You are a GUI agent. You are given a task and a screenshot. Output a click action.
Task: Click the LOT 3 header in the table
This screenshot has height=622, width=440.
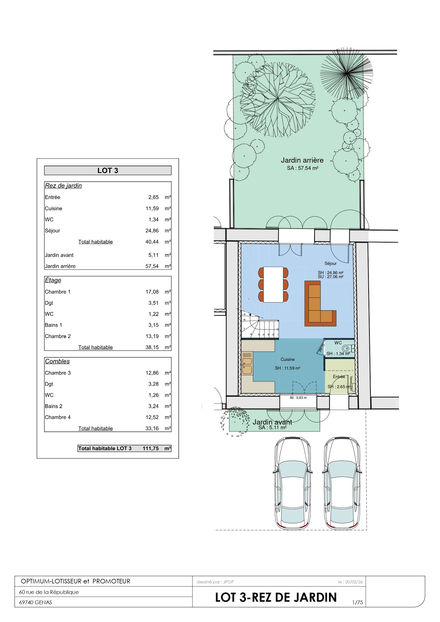tap(108, 170)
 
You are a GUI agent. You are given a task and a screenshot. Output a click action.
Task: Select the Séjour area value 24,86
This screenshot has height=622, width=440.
tap(152, 231)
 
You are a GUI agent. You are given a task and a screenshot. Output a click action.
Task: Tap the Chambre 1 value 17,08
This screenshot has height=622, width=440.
tap(152, 292)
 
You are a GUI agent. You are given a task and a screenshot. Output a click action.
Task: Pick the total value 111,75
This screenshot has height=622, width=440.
tap(151, 448)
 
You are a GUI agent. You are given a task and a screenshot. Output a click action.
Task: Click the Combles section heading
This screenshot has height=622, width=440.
tap(57, 361)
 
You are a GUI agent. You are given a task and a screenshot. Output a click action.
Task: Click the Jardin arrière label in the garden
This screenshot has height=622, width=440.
tap(302, 160)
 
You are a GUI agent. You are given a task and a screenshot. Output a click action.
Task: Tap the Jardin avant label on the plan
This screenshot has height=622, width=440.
tap(272, 422)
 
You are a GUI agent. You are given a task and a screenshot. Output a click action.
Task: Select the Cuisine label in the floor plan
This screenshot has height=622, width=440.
tap(288, 359)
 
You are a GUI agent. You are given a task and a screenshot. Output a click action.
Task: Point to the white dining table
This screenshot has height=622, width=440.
tap(273, 284)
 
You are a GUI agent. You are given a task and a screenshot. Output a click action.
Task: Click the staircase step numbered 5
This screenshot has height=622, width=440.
tap(259, 335)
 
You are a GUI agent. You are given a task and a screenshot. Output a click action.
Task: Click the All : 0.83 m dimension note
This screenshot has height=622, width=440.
tap(298, 398)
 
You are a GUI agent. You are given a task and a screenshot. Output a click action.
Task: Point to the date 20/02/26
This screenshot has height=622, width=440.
tap(354, 582)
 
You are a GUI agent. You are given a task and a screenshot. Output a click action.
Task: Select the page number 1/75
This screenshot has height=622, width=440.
tap(358, 602)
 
